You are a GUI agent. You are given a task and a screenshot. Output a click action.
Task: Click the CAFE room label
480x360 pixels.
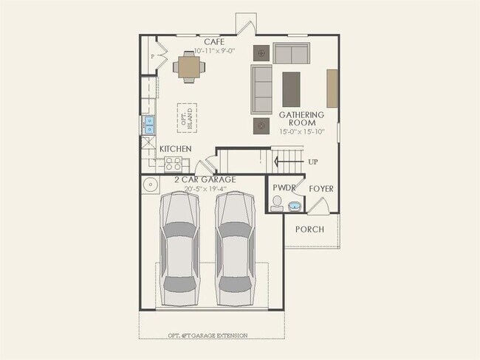[214, 42]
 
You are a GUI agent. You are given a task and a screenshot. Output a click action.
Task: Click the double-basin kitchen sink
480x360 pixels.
[148, 125]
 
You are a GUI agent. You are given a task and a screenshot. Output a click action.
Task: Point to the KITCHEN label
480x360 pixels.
[176, 149]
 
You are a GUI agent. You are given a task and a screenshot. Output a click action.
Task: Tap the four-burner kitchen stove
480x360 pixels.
[177, 165]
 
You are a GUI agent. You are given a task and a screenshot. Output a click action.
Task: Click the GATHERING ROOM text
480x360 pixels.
[301, 119]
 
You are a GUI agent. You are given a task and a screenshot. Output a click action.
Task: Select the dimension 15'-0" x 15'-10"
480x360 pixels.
[301, 132]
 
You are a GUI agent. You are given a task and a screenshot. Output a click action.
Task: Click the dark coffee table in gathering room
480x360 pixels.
[292, 88]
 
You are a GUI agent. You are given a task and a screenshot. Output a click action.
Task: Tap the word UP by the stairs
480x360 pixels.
[313, 162]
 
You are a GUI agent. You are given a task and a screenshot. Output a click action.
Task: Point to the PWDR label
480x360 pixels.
[284, 189]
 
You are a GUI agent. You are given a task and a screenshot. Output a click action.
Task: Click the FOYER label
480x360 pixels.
[320, 189]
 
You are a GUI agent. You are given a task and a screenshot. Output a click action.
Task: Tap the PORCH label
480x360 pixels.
[309, 229]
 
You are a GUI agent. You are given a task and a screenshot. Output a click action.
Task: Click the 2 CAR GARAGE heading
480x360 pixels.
[205, 179]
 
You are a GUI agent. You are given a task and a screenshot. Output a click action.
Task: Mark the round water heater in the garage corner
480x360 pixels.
[150, 185]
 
